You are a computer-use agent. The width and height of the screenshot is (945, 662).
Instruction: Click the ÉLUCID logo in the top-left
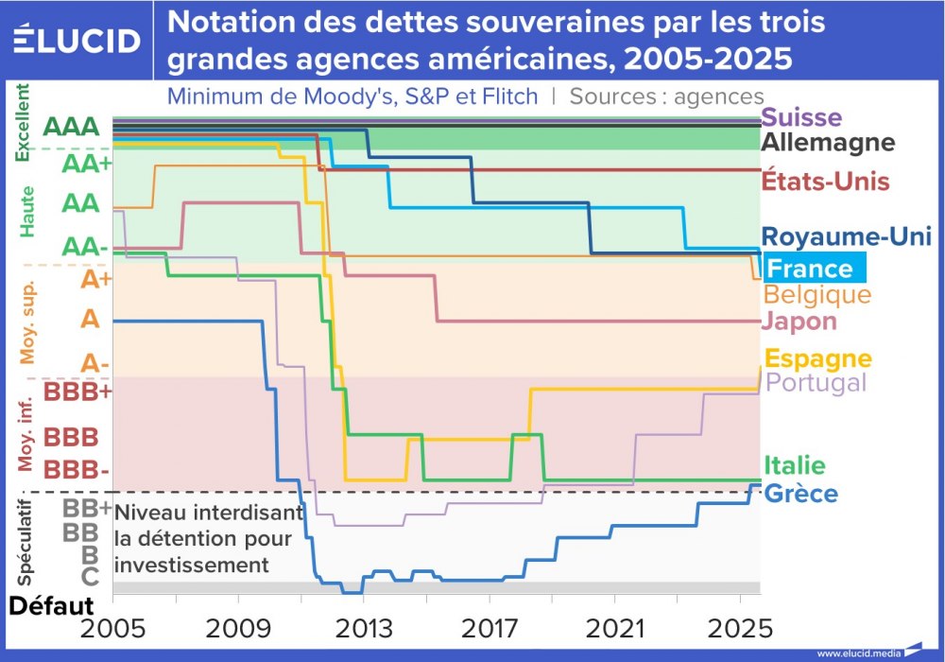77,40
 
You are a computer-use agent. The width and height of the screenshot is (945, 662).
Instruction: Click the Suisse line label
801,118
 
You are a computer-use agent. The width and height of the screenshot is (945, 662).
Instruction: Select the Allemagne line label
828,143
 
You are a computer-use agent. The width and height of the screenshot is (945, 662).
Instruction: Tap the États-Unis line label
825,181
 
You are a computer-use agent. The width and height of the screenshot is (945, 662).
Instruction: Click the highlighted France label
812,269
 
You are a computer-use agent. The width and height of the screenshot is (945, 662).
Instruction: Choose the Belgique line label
816,295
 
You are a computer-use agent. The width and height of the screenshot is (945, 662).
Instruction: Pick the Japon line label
799,322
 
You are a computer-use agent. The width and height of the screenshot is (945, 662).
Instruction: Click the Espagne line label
817,358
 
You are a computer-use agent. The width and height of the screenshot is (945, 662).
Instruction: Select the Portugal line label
816,383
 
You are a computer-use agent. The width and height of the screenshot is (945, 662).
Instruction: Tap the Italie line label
794,465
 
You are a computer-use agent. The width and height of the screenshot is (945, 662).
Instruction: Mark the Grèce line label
799,494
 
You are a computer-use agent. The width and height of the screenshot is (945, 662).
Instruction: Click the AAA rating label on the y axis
71,128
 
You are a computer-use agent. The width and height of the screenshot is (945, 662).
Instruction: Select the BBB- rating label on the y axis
77,469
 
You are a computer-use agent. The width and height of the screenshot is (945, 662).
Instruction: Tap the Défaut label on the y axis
52,605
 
